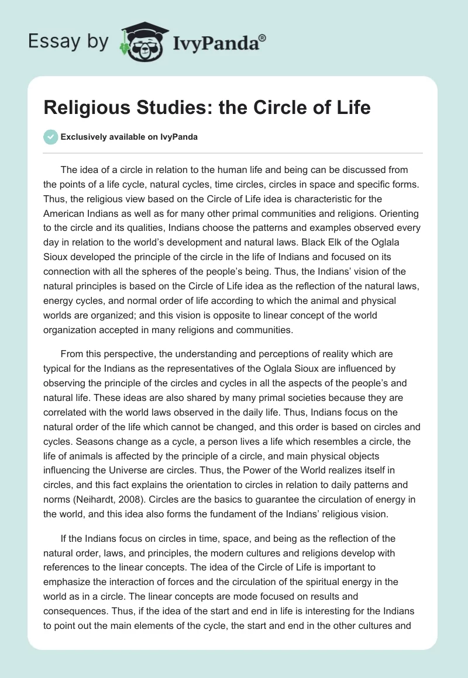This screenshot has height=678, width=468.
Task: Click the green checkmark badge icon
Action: (50, 136)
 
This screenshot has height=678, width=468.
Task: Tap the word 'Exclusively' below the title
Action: (82, 137)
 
